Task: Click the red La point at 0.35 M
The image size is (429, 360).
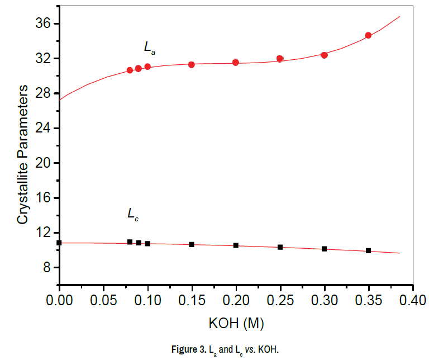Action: (368, 35)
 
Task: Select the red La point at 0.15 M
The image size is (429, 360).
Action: (192, 64)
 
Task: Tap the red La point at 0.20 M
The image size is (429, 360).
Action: (236, 62)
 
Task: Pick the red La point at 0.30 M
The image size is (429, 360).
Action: (324, 55)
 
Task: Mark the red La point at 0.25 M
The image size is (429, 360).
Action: (280, 58)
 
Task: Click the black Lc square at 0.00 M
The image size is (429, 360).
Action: (59, 243)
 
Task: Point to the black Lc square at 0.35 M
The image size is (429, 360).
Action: (368, 250)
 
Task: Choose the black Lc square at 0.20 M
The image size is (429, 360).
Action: (236, 245)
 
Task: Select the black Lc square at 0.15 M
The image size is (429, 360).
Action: (192, 244)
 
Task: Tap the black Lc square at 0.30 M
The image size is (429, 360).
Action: (324, 248)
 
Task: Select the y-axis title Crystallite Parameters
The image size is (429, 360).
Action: (22, 155)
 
